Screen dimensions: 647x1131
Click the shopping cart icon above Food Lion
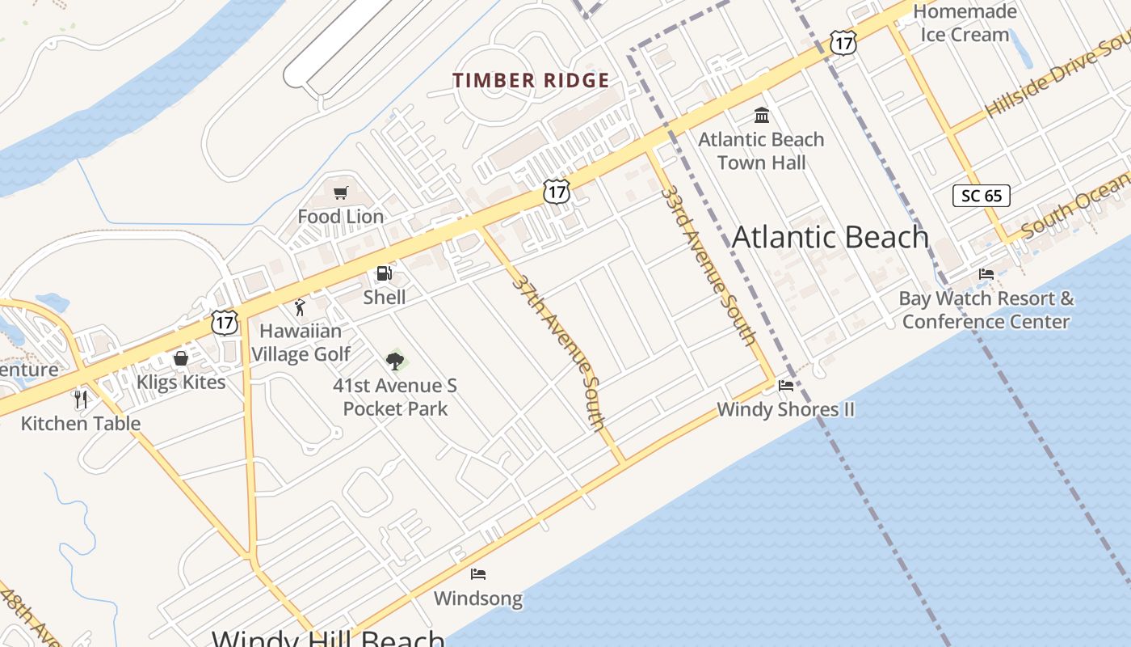tap(341, 193)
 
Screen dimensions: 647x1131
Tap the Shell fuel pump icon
tap(385, 274)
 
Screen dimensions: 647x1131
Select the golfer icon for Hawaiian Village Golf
tap(301, 308)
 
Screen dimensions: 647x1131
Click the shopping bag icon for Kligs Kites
tap(181, 358)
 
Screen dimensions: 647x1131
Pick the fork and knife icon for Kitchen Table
tap(80, 400)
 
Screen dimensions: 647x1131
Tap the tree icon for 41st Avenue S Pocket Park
tap(395, 362)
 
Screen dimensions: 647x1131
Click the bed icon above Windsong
tap(478, 574)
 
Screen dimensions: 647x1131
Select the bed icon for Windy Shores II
tap(785, 386)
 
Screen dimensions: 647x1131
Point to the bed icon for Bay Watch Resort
tap(986, 274)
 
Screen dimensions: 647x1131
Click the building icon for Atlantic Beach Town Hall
tap(762, 115)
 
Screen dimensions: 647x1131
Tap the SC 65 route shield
tap(981, 196)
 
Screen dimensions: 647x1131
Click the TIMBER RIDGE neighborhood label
tap(531, 81)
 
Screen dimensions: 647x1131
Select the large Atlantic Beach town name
tap(830, 237)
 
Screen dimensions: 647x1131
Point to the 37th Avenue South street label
tap(559, 352)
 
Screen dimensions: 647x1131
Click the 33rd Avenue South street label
tap(708, 264)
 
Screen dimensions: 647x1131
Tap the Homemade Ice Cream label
tap(965, 23)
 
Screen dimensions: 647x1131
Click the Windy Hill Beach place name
tap(328, 637)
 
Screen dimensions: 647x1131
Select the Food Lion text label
tap(341, 217)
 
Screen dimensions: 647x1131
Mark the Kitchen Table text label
tap(81, 424)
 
